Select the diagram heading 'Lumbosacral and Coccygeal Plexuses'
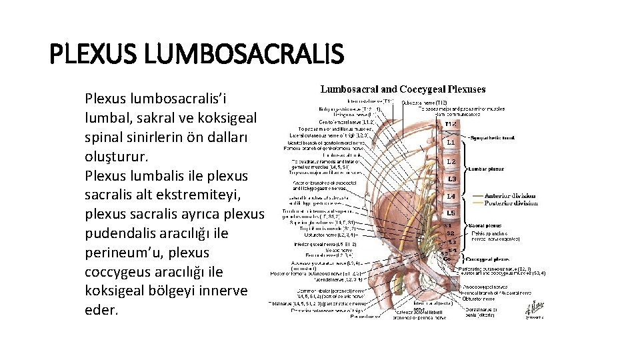(403, 89)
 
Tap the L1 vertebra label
(451, 143)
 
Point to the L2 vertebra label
(451, 161)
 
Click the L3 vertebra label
(451, 179)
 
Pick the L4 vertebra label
(451, 197)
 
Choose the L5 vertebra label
(451, 213)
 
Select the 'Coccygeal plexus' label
(491, 259)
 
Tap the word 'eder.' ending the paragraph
(102, 311)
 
